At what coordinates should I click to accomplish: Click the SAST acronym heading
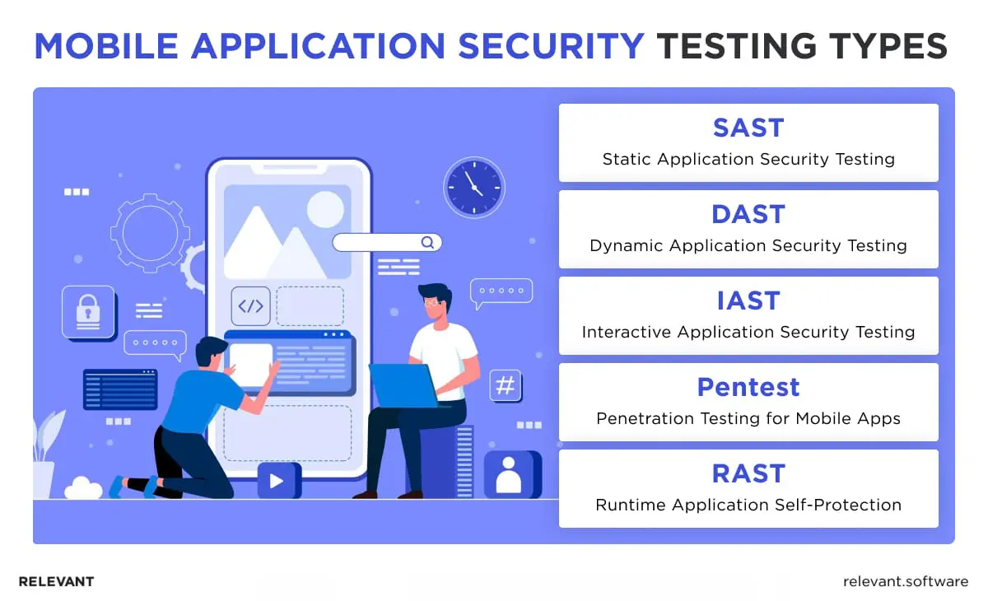pos(748,128)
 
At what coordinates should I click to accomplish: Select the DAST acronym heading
pos(748,215)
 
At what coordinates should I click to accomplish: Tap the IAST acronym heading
pos(748,301)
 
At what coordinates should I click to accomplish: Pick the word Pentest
pos(748,387)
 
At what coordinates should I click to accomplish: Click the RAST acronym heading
pos(748,473)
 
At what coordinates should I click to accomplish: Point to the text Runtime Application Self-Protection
pos(748,505)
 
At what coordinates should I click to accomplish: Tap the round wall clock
pos(473,187)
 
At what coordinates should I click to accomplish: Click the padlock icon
pos(87,311)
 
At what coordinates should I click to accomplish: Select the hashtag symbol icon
pos(506,385)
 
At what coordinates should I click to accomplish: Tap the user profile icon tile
pos(508,475)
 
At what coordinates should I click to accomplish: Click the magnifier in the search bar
pos(427,242)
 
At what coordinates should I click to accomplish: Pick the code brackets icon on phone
pos(250,306)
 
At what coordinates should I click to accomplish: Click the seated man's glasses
pos(431,304)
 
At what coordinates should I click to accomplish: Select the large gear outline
pos(150,234)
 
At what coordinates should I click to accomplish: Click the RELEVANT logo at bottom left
pos(56,581)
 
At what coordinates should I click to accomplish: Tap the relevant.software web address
pos(905,581)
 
